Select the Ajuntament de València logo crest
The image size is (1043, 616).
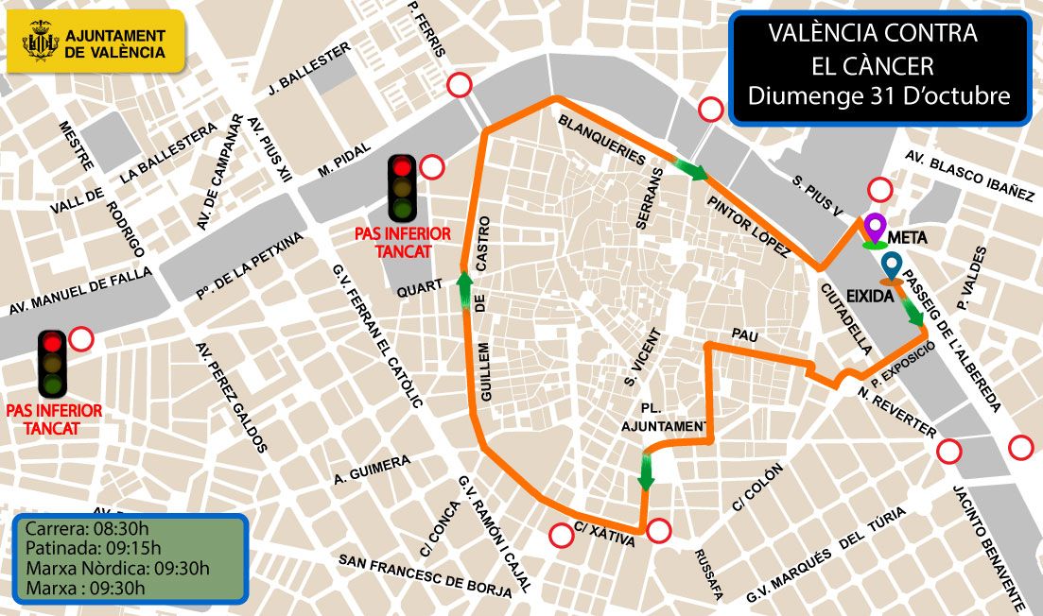point(41,42)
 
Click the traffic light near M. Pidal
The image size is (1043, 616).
point(403,188)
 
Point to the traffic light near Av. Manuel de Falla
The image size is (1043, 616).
point(51,363)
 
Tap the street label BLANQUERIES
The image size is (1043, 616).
point(601,139)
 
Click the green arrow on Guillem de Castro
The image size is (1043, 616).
point(465,290)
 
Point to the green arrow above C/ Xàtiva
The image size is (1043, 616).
point(646,471)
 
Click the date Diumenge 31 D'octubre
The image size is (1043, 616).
point(878,95)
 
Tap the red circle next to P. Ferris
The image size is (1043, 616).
point(460,85)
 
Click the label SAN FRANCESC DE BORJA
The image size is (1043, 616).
point(425,574)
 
